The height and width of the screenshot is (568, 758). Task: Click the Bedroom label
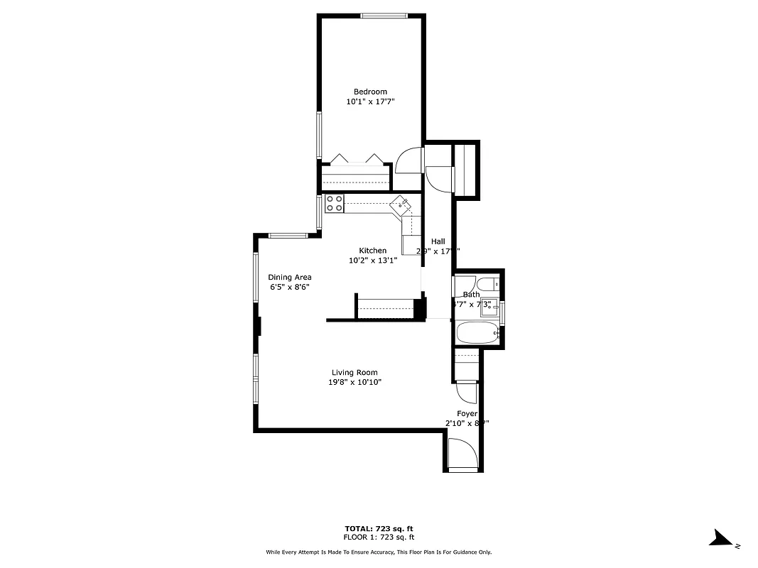370,92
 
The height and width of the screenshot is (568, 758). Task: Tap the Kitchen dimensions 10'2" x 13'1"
372,261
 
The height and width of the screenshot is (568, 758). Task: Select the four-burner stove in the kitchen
335,204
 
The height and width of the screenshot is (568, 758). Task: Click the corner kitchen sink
401,206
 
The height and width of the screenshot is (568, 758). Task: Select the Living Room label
354,373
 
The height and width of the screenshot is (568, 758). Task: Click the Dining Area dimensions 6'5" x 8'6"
289,288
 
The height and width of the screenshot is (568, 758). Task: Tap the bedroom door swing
409,161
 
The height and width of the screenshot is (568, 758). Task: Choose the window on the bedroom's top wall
384,16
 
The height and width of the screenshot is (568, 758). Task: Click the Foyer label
467,413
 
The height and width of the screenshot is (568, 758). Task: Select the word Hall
438,241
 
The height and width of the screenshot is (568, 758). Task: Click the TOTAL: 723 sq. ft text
379,529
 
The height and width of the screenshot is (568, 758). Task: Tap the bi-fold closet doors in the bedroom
355,159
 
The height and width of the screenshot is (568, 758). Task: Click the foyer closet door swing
466,391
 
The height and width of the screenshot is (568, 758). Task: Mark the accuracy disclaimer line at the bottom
379,552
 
